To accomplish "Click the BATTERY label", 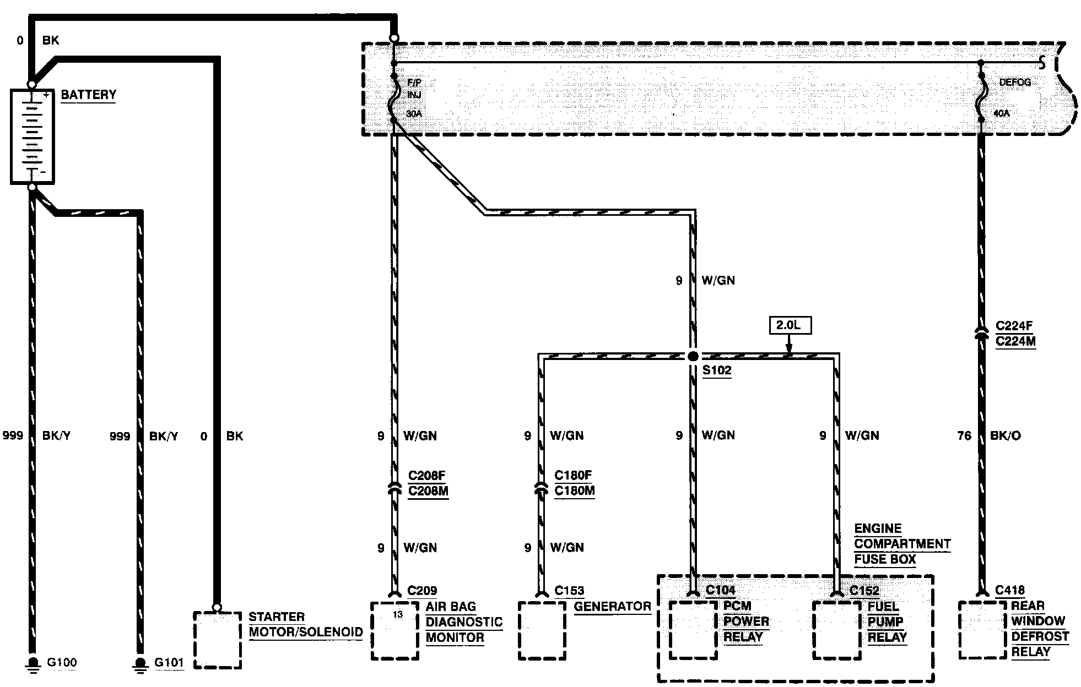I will tap(88, 95).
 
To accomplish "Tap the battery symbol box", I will tap(33, 136).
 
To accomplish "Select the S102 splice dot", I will tap(693, 356).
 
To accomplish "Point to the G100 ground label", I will tap(62, 662).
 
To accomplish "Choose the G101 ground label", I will tap(169, 662).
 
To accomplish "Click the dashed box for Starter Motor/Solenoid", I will tap(217, 639).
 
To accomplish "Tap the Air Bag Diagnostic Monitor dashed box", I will tap(394, 630).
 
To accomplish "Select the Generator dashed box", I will tap(542, 630).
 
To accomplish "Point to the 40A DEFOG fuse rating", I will tap(1001, 114).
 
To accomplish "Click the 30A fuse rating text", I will tap(414, 114).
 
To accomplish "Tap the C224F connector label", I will tap(1015, 326).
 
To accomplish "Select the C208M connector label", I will tap(428, 490).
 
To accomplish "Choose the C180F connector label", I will tap(574, 475).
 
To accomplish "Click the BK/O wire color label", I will tap(1005, 436).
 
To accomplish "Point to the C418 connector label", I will tap(1010, 591).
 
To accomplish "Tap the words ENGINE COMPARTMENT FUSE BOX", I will tap(901, 544).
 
